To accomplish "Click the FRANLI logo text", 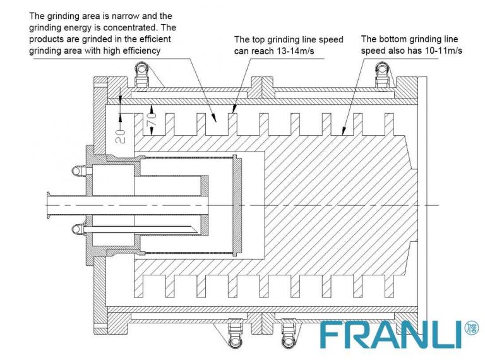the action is [390, 335].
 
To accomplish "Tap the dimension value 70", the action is [152, 120].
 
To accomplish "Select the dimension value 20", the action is [121, 136].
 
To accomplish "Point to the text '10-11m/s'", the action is [444, 51].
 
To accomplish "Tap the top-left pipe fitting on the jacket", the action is [141, 75].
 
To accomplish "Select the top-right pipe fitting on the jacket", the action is [382, 75].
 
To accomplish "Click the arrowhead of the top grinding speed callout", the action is [234, 108].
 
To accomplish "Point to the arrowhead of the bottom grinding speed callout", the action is [343, 131].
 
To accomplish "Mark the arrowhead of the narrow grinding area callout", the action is [213, 117].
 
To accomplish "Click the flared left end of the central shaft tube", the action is [49, 205].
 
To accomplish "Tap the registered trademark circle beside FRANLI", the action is [471, 328].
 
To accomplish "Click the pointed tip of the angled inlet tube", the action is [197, 230].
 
